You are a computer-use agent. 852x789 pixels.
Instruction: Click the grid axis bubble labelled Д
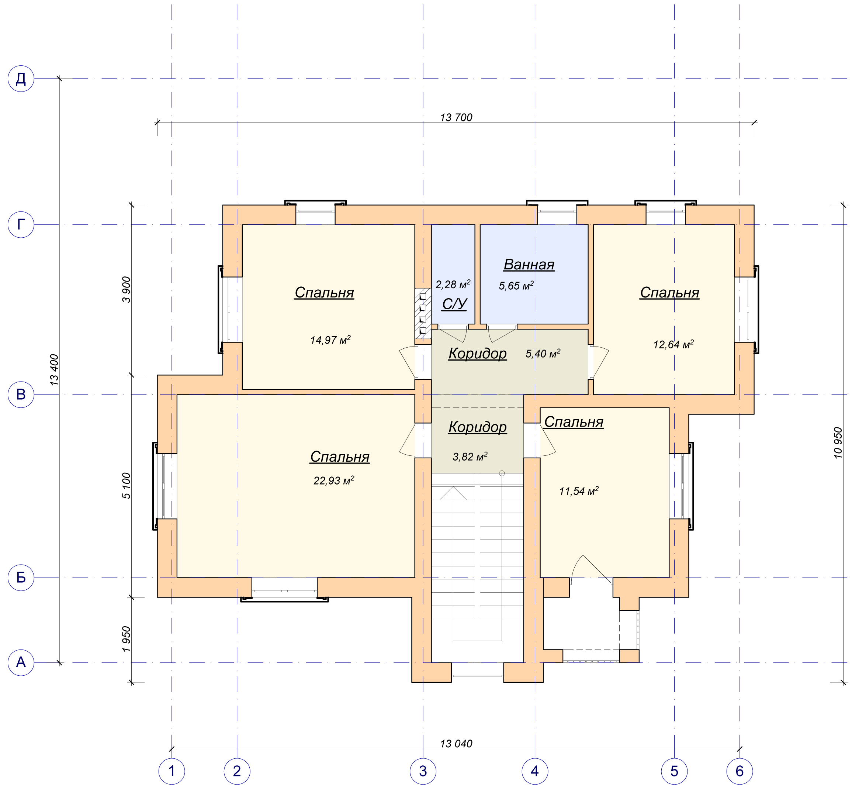click(21, 79)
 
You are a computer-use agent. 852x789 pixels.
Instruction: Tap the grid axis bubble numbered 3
click(423, 771)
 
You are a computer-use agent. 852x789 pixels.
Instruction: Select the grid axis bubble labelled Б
click(21, 578)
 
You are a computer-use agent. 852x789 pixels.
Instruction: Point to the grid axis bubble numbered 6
click(740, 771)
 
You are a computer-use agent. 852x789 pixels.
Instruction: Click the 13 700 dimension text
click(456, 117)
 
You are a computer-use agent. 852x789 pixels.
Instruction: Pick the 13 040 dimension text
click(456, 744)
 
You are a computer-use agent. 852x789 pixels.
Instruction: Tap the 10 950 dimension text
click(838, 443)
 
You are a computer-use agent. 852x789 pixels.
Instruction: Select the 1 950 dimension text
click(126, 639)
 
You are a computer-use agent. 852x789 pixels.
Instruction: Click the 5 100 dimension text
click(126, 485)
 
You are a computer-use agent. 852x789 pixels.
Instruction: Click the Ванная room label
click(529, 265)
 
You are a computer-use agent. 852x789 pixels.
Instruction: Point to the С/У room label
click(454, 304)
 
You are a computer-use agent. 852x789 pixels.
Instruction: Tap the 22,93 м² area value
click(334, 480)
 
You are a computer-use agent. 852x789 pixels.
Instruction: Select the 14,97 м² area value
click(330, 340)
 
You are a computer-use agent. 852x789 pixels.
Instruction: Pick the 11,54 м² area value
click(579, 491)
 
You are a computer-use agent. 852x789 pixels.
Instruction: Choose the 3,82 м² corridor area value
click(470, 456)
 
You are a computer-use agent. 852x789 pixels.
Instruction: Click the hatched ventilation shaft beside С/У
click(423, 314)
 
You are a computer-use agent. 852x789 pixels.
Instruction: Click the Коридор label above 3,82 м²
click(477, 427)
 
